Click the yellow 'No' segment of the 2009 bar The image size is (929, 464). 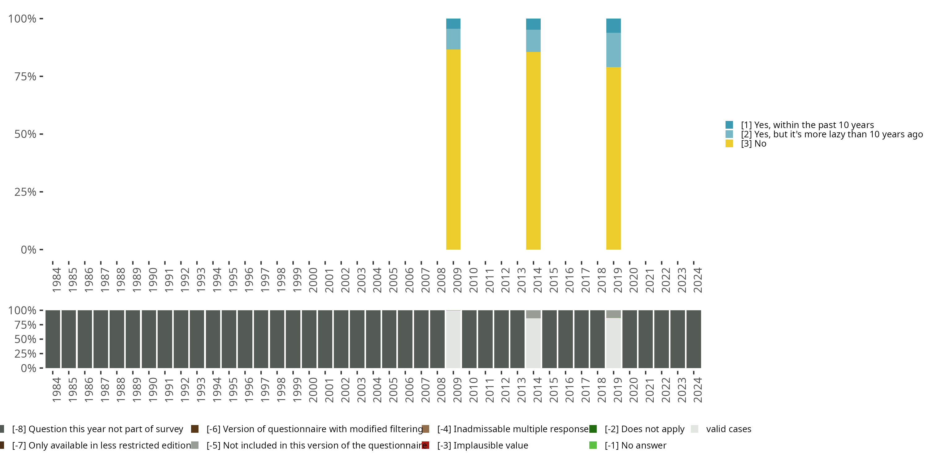(453, 149)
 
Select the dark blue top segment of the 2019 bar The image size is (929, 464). (613, 26)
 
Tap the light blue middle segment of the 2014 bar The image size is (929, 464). (533, 41)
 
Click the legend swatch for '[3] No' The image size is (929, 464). (729, 144)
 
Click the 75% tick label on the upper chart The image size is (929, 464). (25, 76)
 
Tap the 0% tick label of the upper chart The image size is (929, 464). (28, 249)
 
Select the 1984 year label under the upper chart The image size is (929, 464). (57, 280)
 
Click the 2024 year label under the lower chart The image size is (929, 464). (697, 390)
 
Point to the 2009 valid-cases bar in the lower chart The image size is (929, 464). (453, 339)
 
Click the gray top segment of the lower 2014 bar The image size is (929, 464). (533, 314)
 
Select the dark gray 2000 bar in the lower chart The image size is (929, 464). (309, 339)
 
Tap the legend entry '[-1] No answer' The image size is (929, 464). (635, 445)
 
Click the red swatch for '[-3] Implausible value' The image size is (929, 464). (425, 445)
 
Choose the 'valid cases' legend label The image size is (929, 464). (728, 429)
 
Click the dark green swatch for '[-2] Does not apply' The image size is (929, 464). (593, 429)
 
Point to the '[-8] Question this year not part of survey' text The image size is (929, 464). (97, 429)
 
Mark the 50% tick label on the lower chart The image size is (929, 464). (25, 339)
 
